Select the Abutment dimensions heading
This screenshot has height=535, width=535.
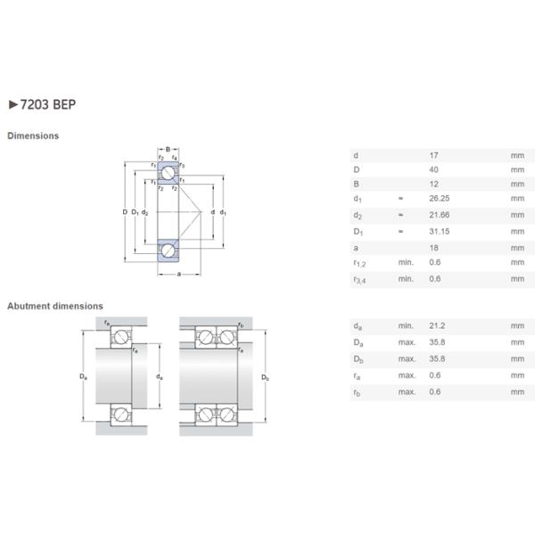pyautogui.click(x=54, y=306)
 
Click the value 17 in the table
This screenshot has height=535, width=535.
pyautogui.click(x=433, y=155)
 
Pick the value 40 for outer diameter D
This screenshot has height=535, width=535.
pyautogui.click(x=433, y=169)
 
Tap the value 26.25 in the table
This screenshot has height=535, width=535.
pyautogui.click(x=440, y=199)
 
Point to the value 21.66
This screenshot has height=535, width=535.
pyautogui.click(x=440, y=215)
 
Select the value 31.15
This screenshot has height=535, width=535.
pyautogui.click(x=440, y=232)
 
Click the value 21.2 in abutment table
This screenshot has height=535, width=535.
pyautogui.click(x=437, y=326)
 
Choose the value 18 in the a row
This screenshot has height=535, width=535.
pyautogui.click(x=433, y=248)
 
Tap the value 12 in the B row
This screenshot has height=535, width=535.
pyautogui.click(x=433, y=184)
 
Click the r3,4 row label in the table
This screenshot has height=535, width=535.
pyautogui.click(x=360, y=280)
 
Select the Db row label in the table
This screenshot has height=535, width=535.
pyautogui.click(x=358, y=359)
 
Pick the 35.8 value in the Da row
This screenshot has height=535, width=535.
pyautogui.click(x=437, y=342)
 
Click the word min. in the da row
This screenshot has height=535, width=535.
pyautogui.click(x=406, y=326)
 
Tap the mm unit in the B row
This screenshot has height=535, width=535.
pyautogui.click(x=517, y=184)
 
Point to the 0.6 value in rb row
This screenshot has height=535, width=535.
pyautogui.click(x=435, y=391)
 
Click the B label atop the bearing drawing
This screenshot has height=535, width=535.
pyautogui.click(x=167, y=149)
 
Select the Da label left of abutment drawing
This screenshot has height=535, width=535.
pyautogui.click(x=83, y=377)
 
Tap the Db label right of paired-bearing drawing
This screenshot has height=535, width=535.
pyautogui.click(x=265, y=377)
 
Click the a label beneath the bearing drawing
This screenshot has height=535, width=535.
pyautogui.click(x=178, y=273)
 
